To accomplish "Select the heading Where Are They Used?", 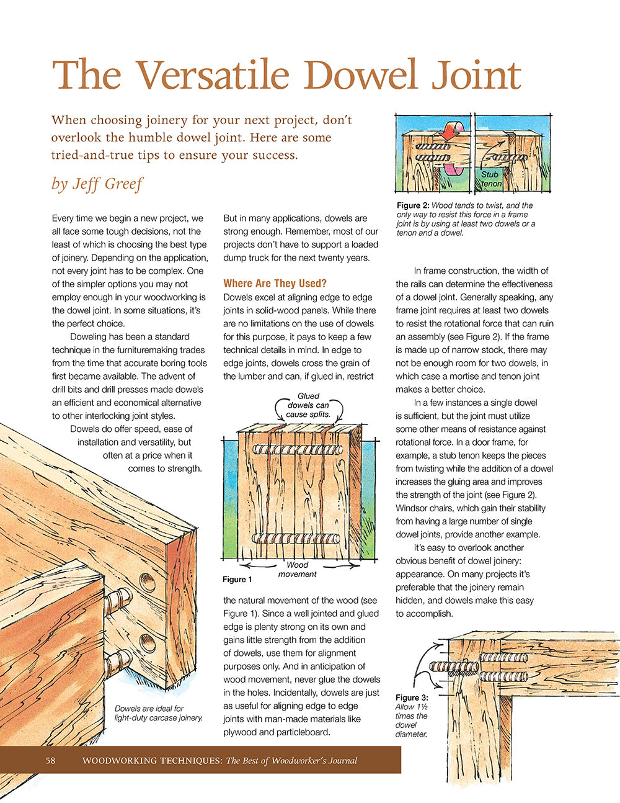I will [x=275, y=284].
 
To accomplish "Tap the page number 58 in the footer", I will [x=50, y=760].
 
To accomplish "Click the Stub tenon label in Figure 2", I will [x=490, y=179].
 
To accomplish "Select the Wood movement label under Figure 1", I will [x=298, y=569].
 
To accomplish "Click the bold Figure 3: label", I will [x=411, y=698].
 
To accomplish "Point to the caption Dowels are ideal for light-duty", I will [x=158, y=713].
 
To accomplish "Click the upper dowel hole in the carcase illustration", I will [x=147, y=582].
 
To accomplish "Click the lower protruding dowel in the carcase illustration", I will [x=119, y=662].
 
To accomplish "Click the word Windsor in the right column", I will [x=412, y=508].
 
